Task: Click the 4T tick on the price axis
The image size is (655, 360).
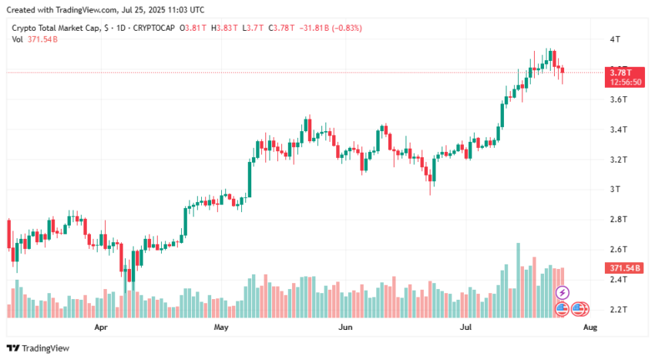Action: pos(615,39)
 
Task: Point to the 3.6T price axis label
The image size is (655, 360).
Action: pos(619,99)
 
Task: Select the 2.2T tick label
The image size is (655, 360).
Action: pos(619,309)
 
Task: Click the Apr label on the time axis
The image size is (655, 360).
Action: pos(101,327)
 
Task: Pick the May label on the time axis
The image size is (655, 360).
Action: pos(221,327)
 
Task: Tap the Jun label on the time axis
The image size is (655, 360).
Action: pos(345,327)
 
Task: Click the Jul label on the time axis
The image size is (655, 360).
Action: pos(465,327)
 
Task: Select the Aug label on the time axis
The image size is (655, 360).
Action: pos(589,327)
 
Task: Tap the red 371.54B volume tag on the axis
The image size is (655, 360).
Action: pos(624,268)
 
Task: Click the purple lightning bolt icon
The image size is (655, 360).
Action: pos(562,293)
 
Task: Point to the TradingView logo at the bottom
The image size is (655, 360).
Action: pos(38,348)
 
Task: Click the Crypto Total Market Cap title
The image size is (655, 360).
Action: pos(56,28)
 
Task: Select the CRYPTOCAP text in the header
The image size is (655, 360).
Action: pos(153,28)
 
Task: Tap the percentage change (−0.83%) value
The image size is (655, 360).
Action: pos(347,28)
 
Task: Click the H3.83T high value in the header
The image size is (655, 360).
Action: pos(224,28)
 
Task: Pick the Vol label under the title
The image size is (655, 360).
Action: pos(17,39)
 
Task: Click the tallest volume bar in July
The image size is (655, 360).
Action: pos(519,280)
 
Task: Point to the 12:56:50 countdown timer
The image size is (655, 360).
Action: pos(626,82)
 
